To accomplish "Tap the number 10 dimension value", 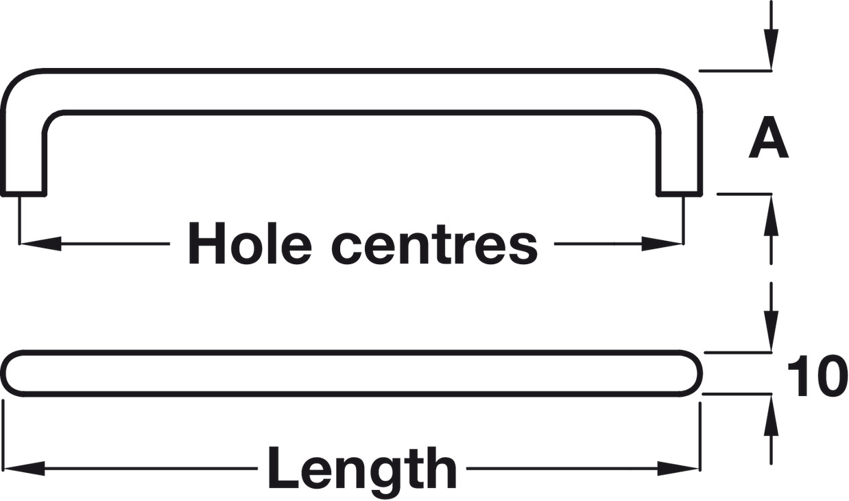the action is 816,377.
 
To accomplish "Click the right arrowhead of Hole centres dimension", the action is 663,244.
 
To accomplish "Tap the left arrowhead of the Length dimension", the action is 24,469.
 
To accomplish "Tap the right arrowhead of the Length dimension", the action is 679,469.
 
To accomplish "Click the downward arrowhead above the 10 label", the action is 772,332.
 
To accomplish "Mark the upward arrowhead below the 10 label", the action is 772,415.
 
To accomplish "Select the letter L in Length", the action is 280,469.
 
